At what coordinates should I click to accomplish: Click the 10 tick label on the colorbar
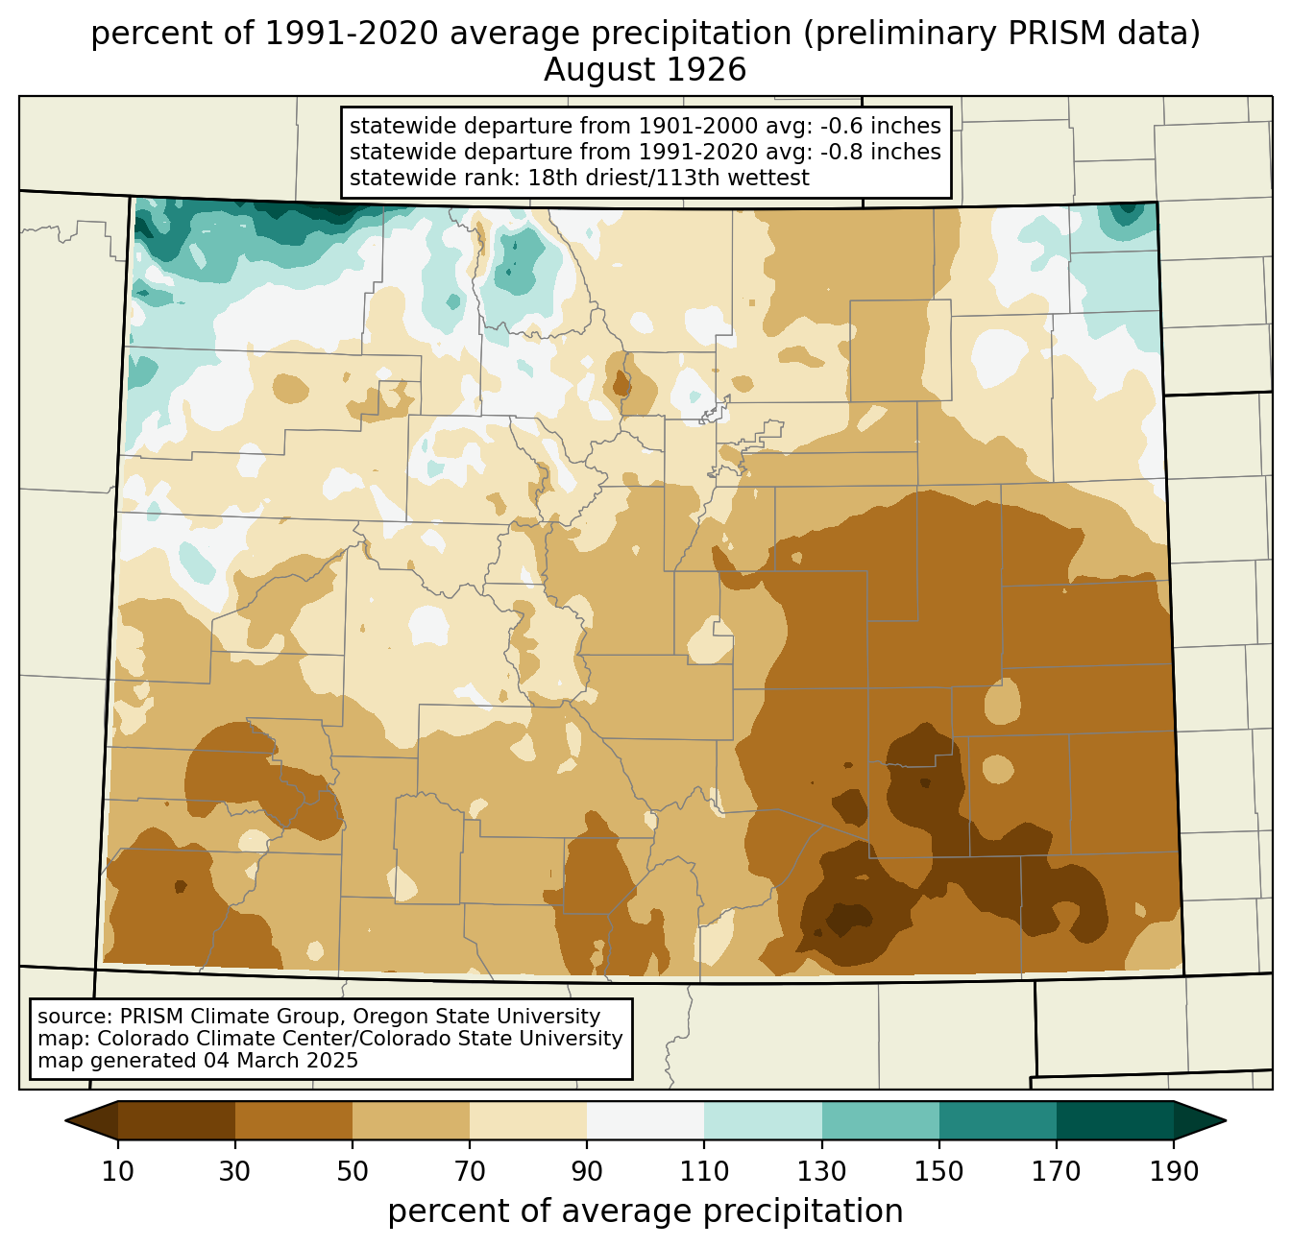117,1172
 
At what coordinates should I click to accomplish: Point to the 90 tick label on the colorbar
587,1172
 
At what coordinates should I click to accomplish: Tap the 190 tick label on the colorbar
1173,1172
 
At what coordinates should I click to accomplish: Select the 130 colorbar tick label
821,1172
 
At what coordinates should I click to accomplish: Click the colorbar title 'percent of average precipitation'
645,1211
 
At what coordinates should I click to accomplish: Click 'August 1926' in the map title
645,70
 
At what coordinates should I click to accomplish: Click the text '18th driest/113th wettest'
669,178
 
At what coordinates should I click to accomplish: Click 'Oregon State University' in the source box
476,1017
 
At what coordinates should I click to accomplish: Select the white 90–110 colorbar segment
645,1121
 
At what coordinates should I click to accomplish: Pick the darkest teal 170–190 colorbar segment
1114,1121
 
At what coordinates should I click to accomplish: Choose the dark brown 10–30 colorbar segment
177,1121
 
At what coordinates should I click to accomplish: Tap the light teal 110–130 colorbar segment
763,1121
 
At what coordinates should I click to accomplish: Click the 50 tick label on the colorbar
353,1172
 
